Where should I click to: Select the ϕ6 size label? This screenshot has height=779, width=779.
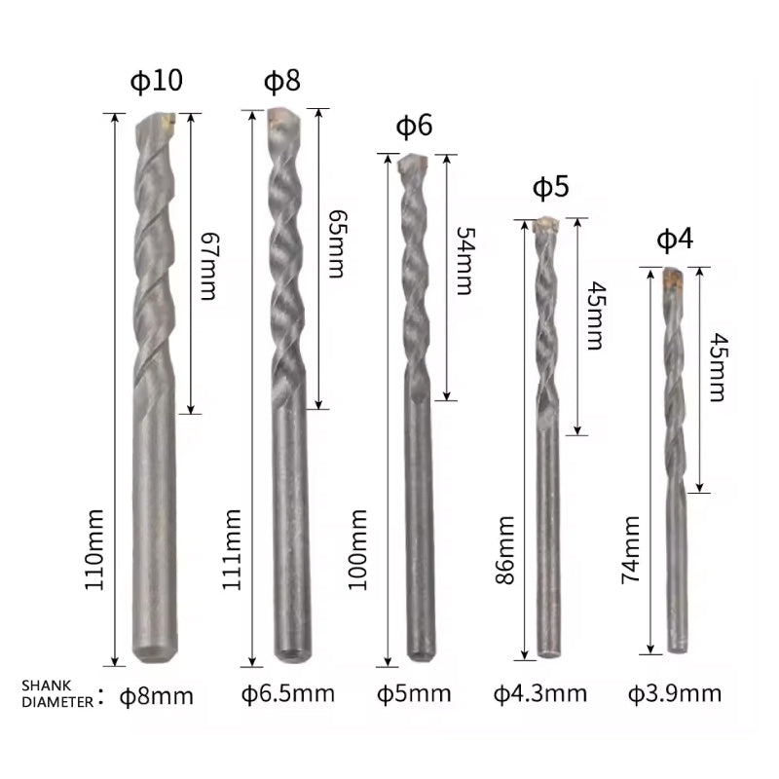[x=414, y=126]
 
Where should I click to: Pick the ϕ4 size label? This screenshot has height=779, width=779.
[x=674, y=240]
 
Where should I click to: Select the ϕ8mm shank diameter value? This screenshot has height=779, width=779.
[x=157, y=695]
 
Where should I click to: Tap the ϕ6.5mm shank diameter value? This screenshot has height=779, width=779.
[x=287, y=694]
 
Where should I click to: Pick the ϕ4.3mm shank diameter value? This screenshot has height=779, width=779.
[x=539, y=694]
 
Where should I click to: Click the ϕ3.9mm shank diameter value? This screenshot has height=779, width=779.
[x=674, y=694]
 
